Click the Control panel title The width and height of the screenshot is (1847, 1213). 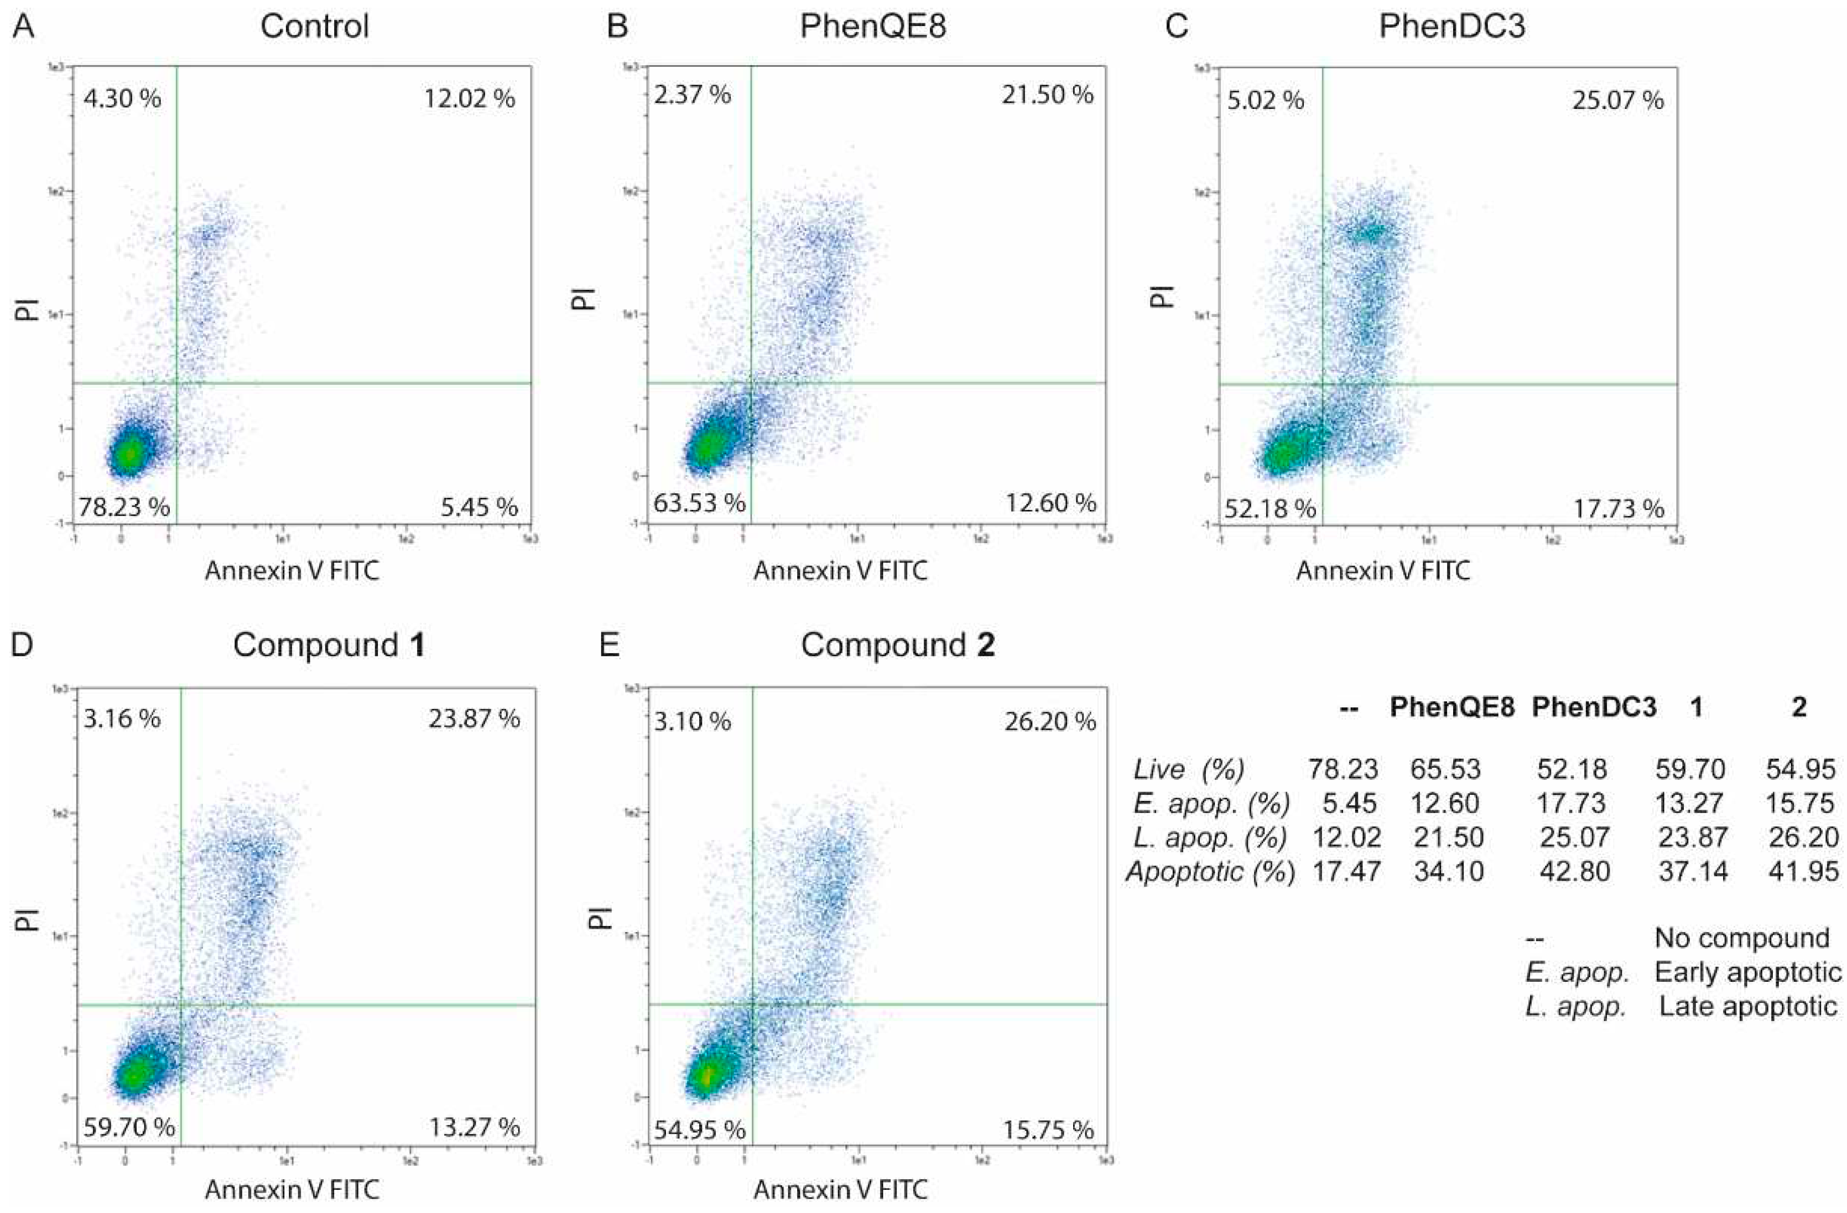pyautogui.click(x=314, y=27)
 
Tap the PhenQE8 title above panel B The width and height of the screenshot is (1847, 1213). pyautogui.click(x=873, y=27)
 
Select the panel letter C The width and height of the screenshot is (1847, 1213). pyautogui.click(x=1177, y=27)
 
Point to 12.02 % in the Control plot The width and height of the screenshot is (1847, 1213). pyautogui.click(x=469, y=98)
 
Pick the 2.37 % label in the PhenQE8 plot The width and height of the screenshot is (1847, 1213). pyautogui.click(x=691, y=95)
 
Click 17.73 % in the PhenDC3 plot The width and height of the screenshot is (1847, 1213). pyautogui.click(x=1618, y=509)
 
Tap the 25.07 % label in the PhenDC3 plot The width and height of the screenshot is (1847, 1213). pyautogui.click(x=1618, y=100)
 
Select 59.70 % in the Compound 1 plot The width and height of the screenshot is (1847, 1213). pyautogui.click(x=129, y=1126)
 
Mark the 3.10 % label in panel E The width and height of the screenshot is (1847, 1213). pyautogui.click(x=691, y=722)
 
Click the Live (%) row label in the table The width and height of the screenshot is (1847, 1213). pyautogui.click(x=1188, y=769)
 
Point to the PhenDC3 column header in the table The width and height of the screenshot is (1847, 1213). pyautogui.click(x=1594, y=707)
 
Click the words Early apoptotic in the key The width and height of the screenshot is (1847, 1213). pyautogui.click(x=1747, y=972)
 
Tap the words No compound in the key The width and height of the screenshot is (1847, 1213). pyautogui.click(x=1741, y=938)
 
